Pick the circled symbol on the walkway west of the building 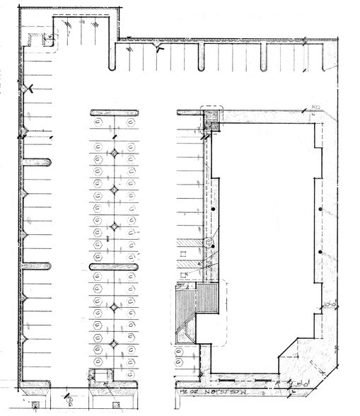[x=208, y=243]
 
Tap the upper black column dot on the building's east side [x=320, y=211]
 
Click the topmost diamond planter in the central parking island [x=114, y=153]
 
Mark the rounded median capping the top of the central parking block [x=113, y=111]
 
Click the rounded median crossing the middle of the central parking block [x=113, y=266]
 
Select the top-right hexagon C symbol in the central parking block [x=132, y=123]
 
